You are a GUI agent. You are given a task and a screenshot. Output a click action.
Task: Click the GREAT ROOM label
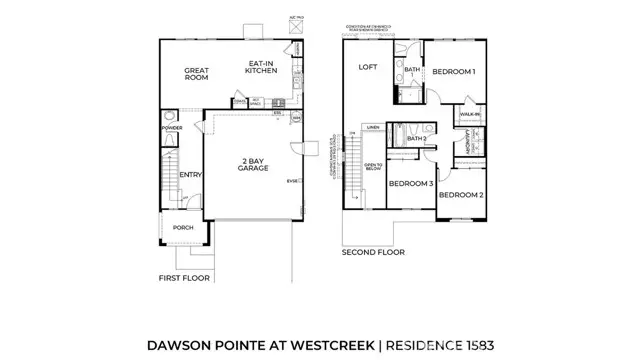pyautogui.click(x=195, y=73)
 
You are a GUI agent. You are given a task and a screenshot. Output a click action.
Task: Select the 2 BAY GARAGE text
pyautogui.click(x=251, y=166)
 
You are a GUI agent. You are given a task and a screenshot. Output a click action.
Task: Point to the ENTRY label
pyautogui.click(x=191, y=175)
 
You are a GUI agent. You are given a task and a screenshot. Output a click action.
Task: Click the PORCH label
pyautogui.click(x=183, y=227)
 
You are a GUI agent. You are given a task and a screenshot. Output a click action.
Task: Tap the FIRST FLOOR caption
pyautogui.click(x=183, y=278)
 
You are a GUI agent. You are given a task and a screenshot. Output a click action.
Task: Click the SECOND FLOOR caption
pyautogui.click(x=373, y=253)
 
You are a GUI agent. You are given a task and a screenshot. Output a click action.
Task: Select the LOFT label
pyautogui.click(x=367, y=67)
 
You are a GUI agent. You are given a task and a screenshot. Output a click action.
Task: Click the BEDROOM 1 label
pyautogui.click(x=453, y=72)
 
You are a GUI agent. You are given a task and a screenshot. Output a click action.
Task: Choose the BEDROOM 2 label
pyautogui.click(x=460, y=194)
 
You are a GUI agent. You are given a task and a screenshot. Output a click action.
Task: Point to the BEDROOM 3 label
pyautogui.click(x=410, y=184)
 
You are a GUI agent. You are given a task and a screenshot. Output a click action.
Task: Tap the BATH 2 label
pyautogui.click(x=417, y=138)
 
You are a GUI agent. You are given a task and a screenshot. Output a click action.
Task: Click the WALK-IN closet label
pyautogui.click(x=470, y=115)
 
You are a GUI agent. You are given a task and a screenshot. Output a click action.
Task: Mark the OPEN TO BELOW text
pyautogui.click(x=373, y=166)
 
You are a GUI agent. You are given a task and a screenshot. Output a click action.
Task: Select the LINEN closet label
pyautogui.click(x=373, y=127)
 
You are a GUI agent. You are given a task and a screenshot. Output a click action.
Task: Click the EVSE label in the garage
pyautogui.click(x=292, y=180)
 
